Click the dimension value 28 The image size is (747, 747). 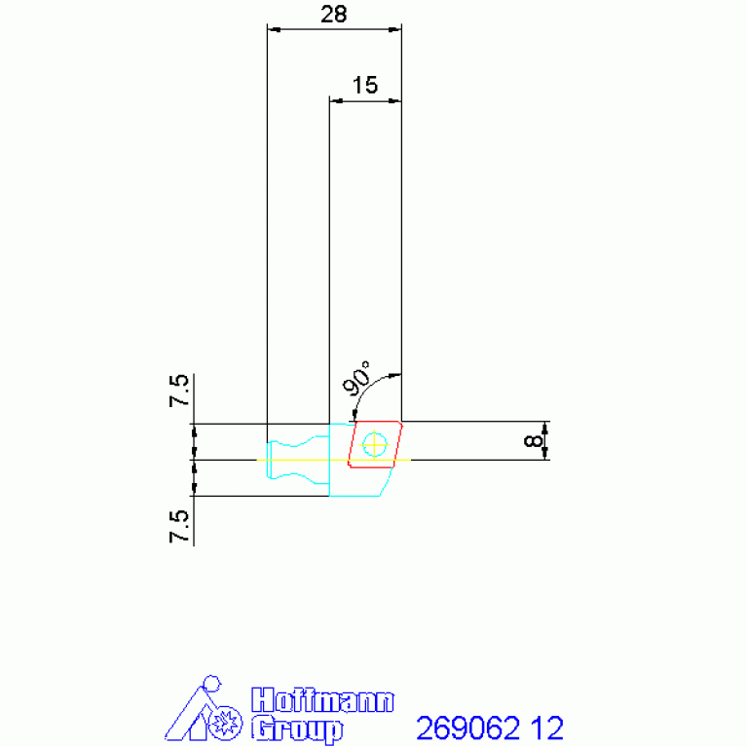tap(333, 15)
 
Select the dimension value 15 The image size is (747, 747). tap(365, 86)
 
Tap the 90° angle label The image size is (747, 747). tap(356, 378)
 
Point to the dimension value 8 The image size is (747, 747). tap(533, 440)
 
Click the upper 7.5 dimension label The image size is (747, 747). tap(179, 391)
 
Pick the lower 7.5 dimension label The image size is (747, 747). tap(179, 527)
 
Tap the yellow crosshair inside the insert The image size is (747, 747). tap(374, 444)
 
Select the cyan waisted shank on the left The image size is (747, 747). tap(298, 460)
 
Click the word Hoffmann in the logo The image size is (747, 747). tap(322, 700)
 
